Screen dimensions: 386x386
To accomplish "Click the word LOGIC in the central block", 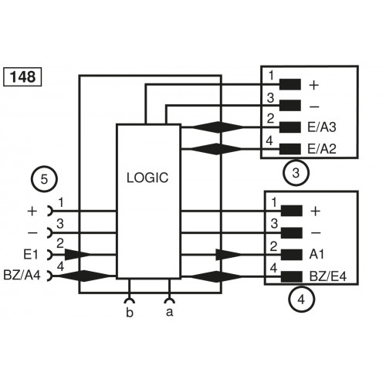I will (147, 177).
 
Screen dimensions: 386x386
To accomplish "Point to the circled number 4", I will (301, 299).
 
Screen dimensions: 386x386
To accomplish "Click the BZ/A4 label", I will (25, 275).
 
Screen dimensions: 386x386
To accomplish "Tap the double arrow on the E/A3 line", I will (209, 127).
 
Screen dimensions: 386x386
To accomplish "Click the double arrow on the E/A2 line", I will (209, 147).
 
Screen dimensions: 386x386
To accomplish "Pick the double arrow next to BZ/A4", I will (83, 275).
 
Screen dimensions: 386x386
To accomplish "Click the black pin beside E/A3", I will (290, 127).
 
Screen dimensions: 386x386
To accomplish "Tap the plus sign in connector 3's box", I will (314, 84).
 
